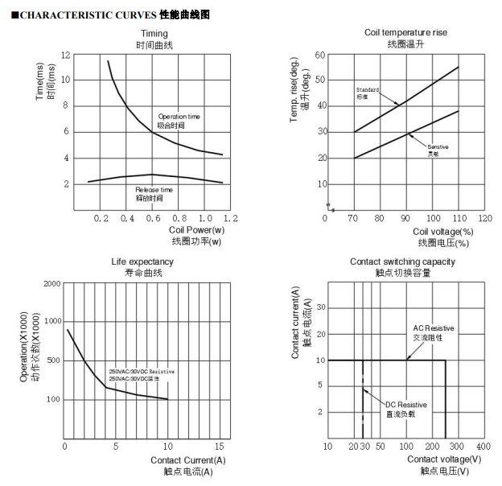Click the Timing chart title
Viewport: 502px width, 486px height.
point(154,33)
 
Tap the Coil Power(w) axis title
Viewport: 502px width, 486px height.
point(196,230)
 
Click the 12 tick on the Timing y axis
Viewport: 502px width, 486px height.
point(65,55)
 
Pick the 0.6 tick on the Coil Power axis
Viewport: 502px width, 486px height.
point(151,218)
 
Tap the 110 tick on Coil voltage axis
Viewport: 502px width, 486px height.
point(458,218)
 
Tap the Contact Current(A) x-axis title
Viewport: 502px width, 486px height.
point(188,460)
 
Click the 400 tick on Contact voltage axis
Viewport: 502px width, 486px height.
point(483,446)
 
